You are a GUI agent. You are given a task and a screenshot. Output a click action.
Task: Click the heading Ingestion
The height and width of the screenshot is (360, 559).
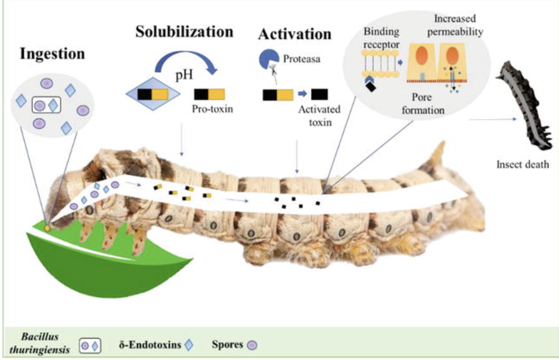point(52,53)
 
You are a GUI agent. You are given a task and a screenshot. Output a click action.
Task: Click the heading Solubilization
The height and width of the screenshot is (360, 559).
point(185,32)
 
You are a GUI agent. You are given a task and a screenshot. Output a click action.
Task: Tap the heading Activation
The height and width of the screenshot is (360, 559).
point(294,34)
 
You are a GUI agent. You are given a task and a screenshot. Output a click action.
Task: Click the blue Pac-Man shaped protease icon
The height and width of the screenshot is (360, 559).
point(268,59)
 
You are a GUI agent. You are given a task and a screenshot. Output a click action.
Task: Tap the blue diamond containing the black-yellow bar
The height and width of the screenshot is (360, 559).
point(153,94)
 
